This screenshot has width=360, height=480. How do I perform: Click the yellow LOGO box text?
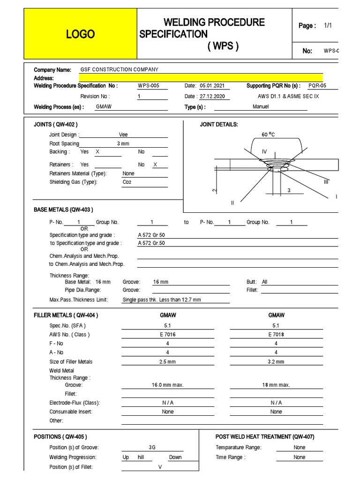point(80,34)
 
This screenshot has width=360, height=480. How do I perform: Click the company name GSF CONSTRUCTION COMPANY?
point(120,69)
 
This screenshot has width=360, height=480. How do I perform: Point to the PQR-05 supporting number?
point(317,86)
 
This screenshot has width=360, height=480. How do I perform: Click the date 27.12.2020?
point(212,96)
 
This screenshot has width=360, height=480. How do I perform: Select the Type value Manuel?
point(261,106)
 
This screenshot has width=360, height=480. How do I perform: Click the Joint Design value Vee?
point(123,135)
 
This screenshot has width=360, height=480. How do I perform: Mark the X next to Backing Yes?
point(97,152)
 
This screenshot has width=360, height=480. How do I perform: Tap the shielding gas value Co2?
point(127,182)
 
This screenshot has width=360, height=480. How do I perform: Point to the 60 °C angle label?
point(268,135)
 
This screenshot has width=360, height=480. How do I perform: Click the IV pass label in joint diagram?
point(264,151)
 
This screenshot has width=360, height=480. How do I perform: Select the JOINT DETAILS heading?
point(219,124)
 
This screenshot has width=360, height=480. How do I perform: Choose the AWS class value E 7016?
point(167,334)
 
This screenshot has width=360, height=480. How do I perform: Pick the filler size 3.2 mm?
point(276,361)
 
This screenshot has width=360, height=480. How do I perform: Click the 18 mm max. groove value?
point(276,385)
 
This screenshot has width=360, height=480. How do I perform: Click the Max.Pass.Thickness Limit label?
point(79,300)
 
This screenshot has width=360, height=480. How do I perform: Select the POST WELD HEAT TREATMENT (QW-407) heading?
point(265,436)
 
